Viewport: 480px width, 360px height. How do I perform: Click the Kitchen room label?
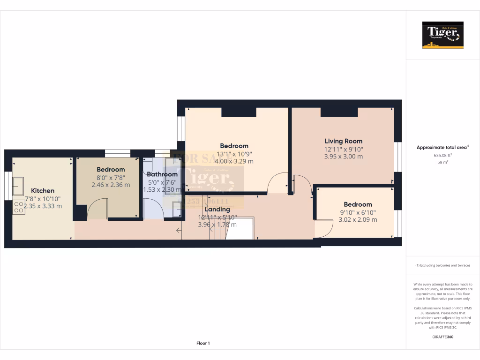coord(43,191)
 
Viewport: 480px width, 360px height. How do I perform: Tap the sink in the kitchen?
coord(19,186)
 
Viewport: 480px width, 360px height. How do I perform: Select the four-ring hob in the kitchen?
coord(19,207)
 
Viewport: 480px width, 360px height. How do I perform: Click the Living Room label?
coord(343,141)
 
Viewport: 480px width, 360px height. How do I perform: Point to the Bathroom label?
coord(162,174)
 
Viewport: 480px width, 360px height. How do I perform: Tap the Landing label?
coord(217,209)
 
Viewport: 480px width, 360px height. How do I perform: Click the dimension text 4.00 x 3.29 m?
coord(234,161)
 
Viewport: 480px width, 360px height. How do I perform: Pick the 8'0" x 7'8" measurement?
coord(111,177)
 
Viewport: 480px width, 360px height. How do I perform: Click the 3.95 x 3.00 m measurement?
coord(343,157)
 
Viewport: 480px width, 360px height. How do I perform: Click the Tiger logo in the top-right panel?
coord(442,35)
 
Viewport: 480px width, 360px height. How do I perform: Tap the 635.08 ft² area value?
coord(442,155)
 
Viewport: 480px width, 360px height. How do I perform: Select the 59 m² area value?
coord(442,163)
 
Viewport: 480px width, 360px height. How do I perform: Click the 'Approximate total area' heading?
coord(442,147)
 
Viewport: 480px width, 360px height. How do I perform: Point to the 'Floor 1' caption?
coord(203,344)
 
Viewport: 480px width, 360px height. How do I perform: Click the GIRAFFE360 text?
coord(442,337)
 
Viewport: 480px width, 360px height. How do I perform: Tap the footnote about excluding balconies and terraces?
coord(442,265)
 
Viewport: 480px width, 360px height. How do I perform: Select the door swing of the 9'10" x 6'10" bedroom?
coord(323,228)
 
